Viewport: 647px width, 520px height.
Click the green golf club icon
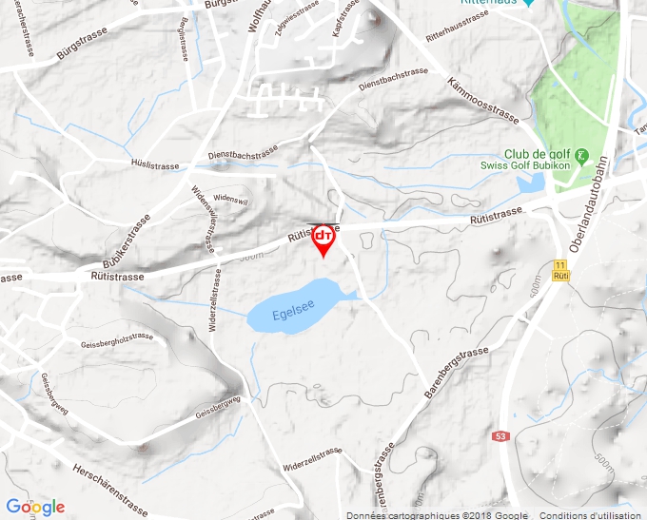[x=582, y=155]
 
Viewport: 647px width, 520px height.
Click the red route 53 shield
[x=500, y=435]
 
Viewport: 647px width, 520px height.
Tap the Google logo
[x=34, y=507]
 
